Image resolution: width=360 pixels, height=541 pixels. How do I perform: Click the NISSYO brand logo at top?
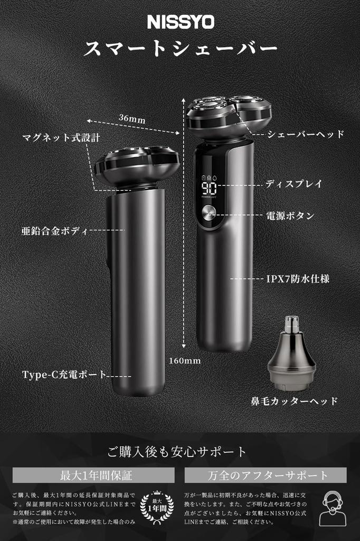coord(180,22)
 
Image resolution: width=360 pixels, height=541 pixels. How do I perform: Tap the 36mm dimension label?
coord(131,119)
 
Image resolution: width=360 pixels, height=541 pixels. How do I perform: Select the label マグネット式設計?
coord(61,138)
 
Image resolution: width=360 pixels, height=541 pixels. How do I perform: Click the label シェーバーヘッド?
coord(305,134)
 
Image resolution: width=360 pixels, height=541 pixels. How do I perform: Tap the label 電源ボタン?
coord(290,216)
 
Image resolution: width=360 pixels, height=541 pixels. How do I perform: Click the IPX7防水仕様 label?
coord(298,278)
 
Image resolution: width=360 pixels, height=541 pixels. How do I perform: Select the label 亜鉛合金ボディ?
coord(54,231)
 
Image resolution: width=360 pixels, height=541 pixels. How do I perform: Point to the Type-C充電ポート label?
coord(64,375)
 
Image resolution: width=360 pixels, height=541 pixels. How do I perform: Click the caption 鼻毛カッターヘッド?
coord(293,401)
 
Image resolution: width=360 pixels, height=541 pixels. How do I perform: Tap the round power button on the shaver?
coord(208,214)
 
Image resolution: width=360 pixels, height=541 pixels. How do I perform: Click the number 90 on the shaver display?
coord(208,189)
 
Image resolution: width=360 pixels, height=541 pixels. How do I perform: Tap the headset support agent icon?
coord(333,508)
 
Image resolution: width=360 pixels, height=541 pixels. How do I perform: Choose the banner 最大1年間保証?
coord(93,475)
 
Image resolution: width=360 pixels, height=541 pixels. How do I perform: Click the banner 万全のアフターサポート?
coord(266,475)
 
